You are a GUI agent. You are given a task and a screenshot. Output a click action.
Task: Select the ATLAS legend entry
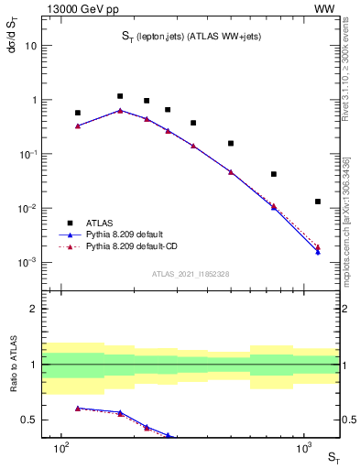coord(101,223)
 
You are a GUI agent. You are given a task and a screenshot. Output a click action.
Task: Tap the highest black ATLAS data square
coord(120,96)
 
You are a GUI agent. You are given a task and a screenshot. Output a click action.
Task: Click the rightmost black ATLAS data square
coord(318,202)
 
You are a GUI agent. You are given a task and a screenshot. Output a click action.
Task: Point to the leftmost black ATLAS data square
coord(78,114)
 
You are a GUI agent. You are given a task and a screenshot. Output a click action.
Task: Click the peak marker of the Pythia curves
coord(120,111)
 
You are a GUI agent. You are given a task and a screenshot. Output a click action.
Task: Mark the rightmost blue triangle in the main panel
coord(318,252)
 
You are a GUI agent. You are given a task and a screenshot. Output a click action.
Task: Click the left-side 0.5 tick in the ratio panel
coord(40,420)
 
